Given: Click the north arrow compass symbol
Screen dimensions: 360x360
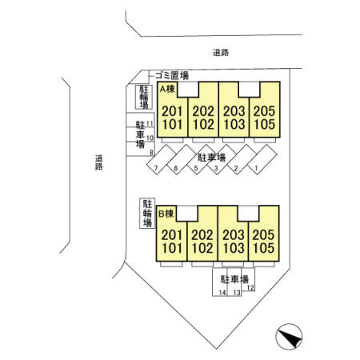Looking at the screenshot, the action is pyautogui.click(x=289, y=337).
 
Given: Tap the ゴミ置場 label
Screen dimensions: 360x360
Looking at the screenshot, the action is pyautogui.click(x=172, y=76).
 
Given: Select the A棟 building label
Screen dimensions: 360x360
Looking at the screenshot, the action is pyautogui.click(x=167, y=89).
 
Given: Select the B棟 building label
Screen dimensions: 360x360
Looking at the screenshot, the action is pyautogui.click(x=166, y=214).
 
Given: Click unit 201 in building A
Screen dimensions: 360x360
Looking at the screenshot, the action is pyautogui.click(x=172, y=111).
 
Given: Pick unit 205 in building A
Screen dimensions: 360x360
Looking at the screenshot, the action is pyautogui.click(x=264, y=111).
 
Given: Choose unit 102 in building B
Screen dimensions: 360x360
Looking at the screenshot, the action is pyautogui.click(x=202, y=248).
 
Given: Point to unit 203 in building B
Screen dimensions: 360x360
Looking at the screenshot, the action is pyautogui.click(x=234, y=235).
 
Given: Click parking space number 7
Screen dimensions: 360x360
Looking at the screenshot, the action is pyautogui.click(x=156, y=168).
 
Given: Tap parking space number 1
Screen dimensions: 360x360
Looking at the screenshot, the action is pyautogui.click(x=257, y=168).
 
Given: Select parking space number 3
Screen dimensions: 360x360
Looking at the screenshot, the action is pyautogui.click(x=216, y=168).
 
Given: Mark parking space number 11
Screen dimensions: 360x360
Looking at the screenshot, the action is pyautogui.click(x=150, y=124).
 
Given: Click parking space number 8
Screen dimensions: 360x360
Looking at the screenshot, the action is pyautogui.click(x=152, y=153).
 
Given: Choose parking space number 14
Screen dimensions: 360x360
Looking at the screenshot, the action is pyautogui.click(x=222, y=293).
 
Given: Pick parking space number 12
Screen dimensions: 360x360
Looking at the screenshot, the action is pyautogui.click(x=250, y=288).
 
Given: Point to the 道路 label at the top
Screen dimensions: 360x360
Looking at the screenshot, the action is pyautogui.click(x=221, y=53).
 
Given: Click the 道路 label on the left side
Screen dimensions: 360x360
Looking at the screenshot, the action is pyautogui.click(x=99, y=162).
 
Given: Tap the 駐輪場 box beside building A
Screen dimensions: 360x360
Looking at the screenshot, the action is pyautogui.click(x=144, y=97).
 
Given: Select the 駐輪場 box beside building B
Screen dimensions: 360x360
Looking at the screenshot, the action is pyautogui.click(x=147, y=214).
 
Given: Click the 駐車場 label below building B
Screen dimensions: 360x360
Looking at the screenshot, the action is pyautogui.click(x=234, y=279).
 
